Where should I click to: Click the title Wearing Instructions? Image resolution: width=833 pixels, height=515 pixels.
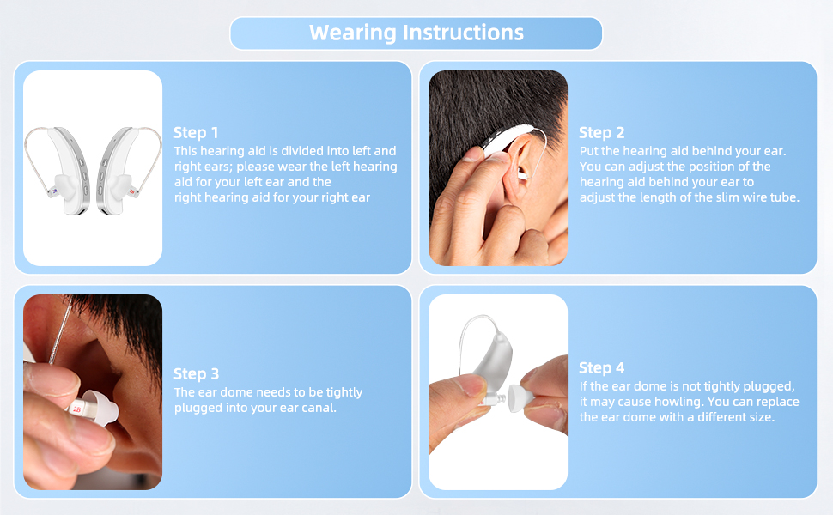pos(416,33)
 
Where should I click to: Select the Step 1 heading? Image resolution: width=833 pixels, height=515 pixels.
pos(196,132)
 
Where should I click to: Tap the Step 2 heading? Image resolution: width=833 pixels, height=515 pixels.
pos(601,132)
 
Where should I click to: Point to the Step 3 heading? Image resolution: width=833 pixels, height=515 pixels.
pos(196,373)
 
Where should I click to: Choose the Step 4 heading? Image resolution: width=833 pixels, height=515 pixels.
pos(601,367)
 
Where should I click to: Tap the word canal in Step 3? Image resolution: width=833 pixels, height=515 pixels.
pos(313,409)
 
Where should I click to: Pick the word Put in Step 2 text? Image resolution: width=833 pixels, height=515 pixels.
pos(589,151)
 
